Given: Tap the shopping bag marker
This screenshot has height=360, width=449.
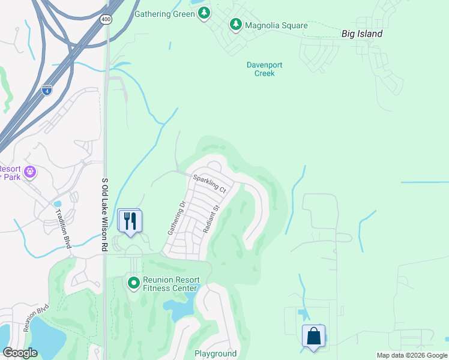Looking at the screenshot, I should point(314,336).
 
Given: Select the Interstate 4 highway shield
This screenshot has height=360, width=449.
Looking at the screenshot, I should point(47,90).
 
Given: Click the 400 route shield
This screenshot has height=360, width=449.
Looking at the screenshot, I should point(107,20).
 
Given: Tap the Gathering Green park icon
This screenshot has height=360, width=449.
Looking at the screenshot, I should point(205,13).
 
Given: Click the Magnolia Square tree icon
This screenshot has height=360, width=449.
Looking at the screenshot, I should point(236,25).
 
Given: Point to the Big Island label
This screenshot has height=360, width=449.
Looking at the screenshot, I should point(361,34).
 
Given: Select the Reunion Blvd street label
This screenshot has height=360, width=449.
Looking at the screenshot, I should point(35,317).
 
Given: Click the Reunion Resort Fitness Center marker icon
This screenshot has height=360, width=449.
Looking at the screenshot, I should point(133,281).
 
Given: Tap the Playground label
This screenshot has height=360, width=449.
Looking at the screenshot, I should point(215,353).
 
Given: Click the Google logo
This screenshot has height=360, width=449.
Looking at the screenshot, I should point(20,353).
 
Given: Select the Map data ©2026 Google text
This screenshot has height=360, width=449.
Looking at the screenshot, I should point(411,355).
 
